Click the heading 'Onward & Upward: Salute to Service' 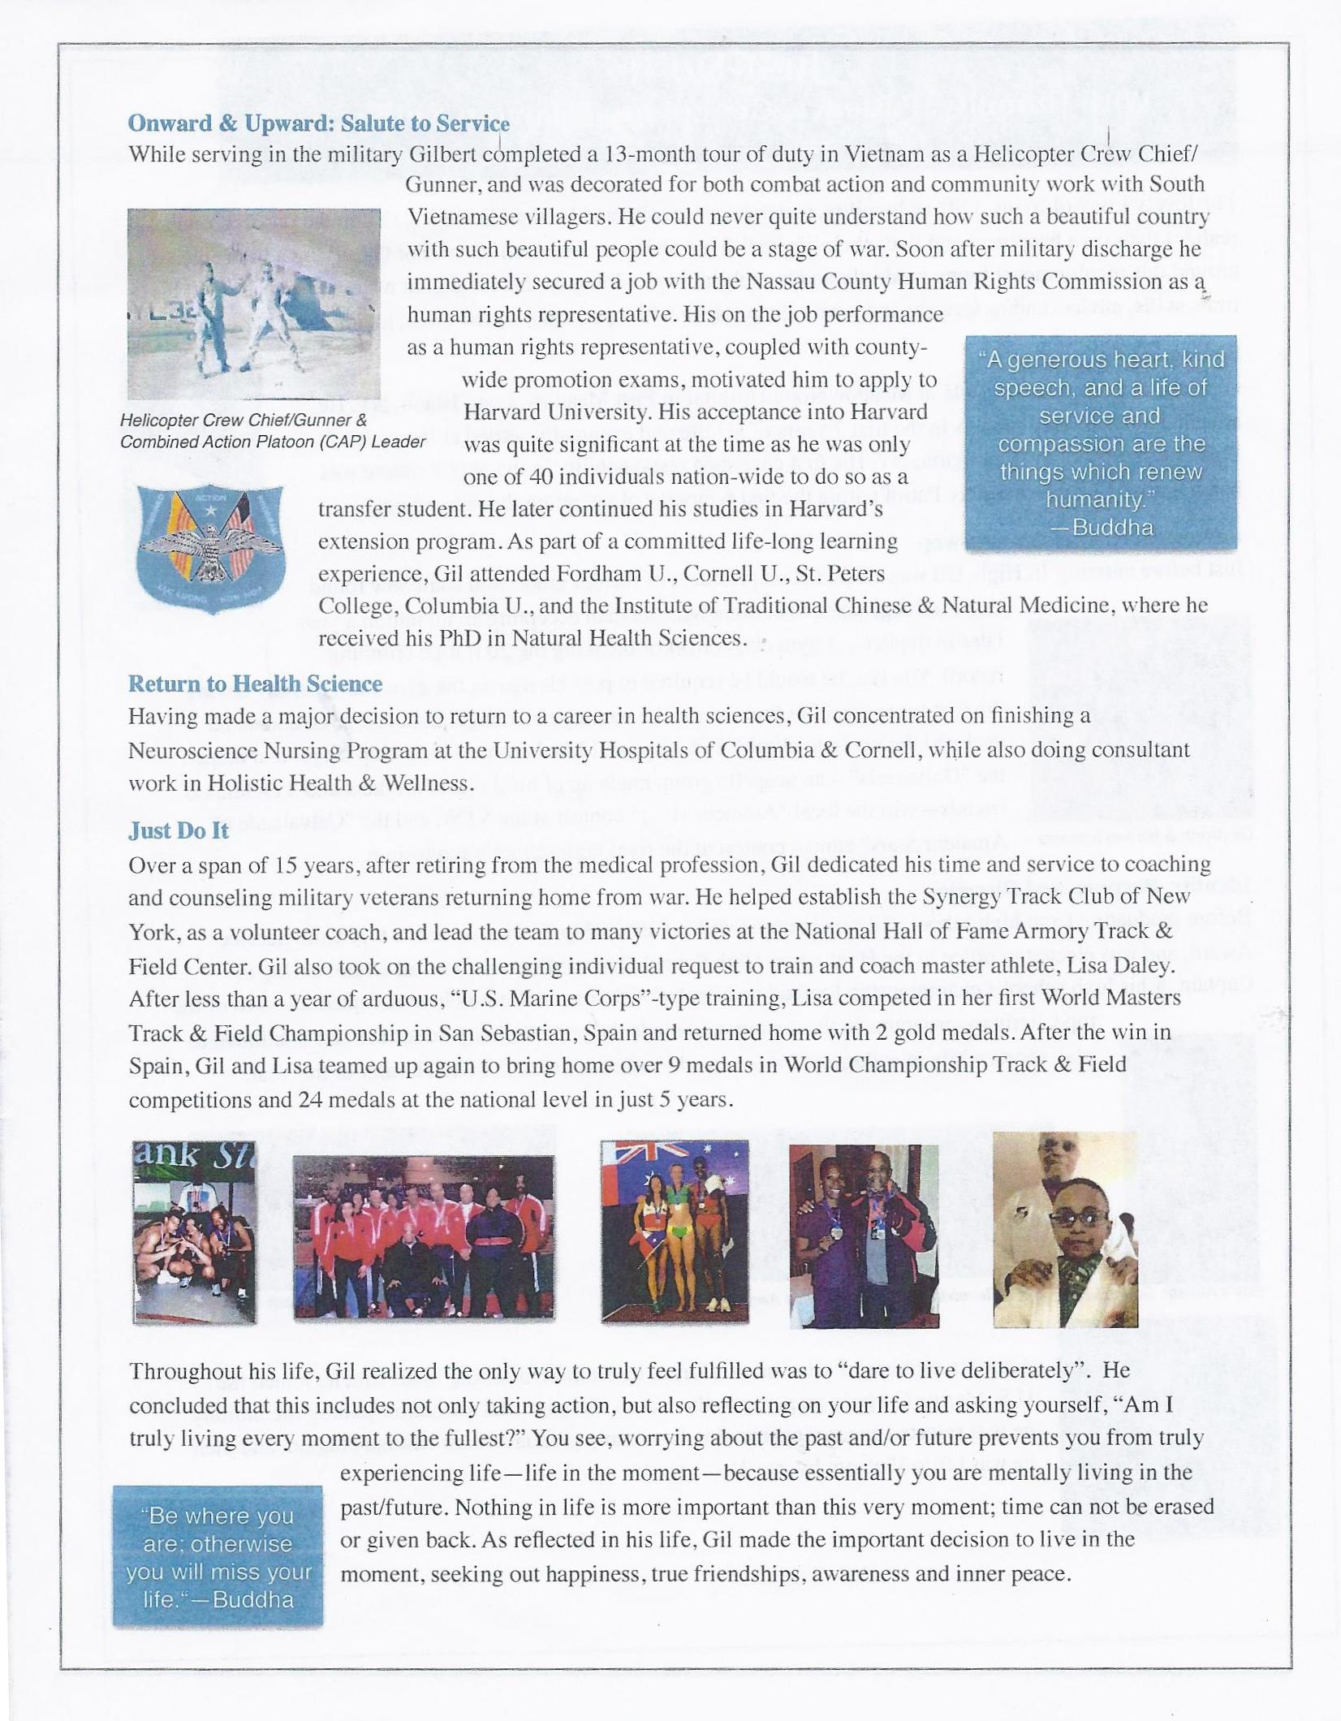(318, 123)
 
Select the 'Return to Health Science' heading (255, 684)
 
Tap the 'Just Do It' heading (179, 830)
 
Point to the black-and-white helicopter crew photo (254, 304)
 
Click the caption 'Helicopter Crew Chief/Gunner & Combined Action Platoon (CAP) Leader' (273, 431)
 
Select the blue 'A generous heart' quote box (1101, 442)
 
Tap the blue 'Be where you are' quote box (218, 1556)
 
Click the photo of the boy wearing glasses (1065, 1230)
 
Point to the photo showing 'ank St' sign (195, 1231)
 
